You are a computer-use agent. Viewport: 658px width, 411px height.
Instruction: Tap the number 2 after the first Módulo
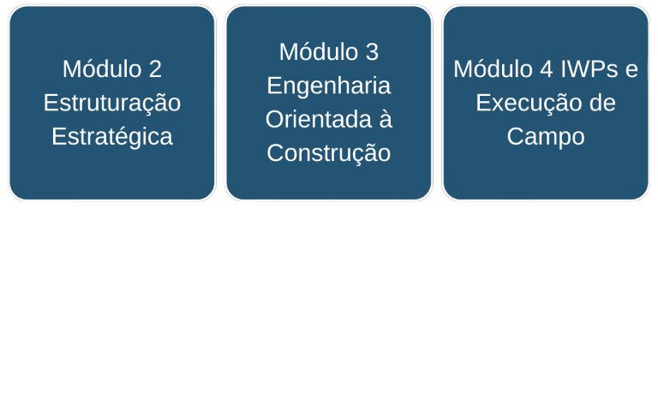pyautogui.click(x=154, y=69)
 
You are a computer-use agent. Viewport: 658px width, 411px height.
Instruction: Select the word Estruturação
pyautogui.click(x=112, y=103)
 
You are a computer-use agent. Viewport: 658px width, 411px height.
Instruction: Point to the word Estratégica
pyautogui.click(x=112, y=136)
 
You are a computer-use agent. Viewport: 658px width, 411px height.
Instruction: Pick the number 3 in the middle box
pyautogui.click(x=371, y=52)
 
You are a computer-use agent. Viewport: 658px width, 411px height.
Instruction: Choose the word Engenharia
pyautogui.click(x=329, y=86)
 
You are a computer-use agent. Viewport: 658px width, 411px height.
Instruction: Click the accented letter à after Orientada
pyautogui.click(x=385, y=119)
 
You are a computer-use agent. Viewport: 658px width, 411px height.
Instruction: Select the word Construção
pyautogui.click(x=329, y=153)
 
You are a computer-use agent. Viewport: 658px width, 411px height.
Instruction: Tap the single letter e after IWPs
pyautogui.click(x=631, y=69)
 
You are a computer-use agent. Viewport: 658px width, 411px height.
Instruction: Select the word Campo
pyautogui.click(x=546, y=136)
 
